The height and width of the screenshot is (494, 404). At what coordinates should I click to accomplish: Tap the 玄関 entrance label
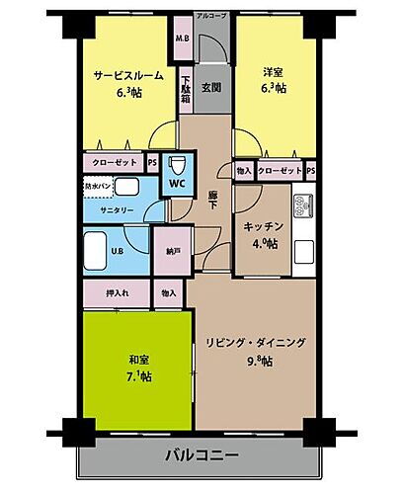pyautogui.click(x=211, y=86)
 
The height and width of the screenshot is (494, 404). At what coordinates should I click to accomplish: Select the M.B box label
pyautogui.click(x=182, y=40)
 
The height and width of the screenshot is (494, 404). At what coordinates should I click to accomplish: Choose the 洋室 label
pyautogui.click(x=274, y=72)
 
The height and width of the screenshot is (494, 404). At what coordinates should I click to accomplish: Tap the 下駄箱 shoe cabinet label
pyautogui.click(x=186, y=93)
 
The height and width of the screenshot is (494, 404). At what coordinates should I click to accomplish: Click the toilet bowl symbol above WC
pyautogui.click(x=179, y=164)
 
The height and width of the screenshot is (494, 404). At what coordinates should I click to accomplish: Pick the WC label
pyautogui.click(x=178, y=183)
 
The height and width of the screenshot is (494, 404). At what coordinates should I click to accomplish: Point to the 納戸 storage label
pyautogui.click(x=174, y=252)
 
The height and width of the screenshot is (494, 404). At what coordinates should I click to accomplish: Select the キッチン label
pyautogui.click(x=264, y=226)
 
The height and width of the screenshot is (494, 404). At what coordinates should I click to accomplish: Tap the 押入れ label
pyautogui.click(x=115, y=292)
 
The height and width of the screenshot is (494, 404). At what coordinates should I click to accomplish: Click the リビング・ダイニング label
pyautogui.click(x=255, y=343)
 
